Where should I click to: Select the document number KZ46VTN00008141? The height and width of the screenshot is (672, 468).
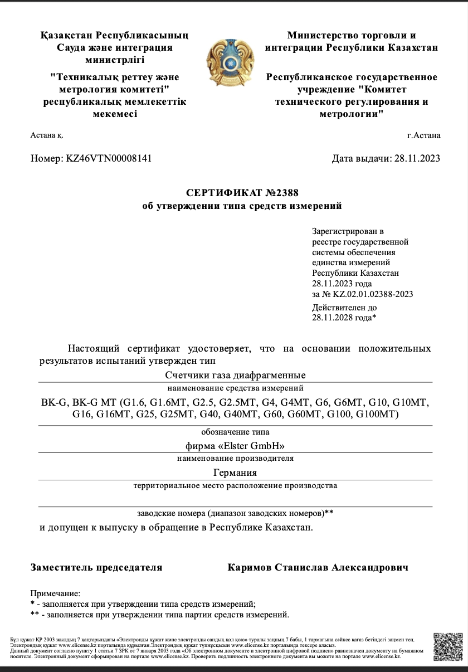click(x=109, y=158)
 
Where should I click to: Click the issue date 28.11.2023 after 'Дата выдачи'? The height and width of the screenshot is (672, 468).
click(x=417, y=158)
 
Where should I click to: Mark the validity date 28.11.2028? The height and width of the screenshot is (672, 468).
click(x=333, y=317)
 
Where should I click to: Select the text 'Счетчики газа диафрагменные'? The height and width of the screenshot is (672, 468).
click(x=236, y=375)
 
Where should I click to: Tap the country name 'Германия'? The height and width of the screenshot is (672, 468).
click(x=235, y=473)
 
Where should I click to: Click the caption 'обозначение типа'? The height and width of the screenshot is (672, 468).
click(x=235, y=432)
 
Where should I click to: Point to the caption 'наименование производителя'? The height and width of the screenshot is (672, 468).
click(x=235, y=459)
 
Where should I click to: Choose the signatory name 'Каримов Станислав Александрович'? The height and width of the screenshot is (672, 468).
click(x=318, y=567)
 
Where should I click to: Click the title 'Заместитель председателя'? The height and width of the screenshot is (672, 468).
click(x=96, y=567)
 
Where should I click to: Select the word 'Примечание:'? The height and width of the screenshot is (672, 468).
click(x=55, y=594)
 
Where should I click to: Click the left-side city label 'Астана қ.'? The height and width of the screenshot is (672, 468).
click(x=47, y=135)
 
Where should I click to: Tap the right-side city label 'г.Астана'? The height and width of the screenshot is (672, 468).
click(x=423, y=135)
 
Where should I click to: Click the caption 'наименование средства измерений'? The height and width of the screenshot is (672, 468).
click(x=235, y=388)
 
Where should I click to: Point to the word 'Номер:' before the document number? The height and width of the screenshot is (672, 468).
click(x=47, y=158)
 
